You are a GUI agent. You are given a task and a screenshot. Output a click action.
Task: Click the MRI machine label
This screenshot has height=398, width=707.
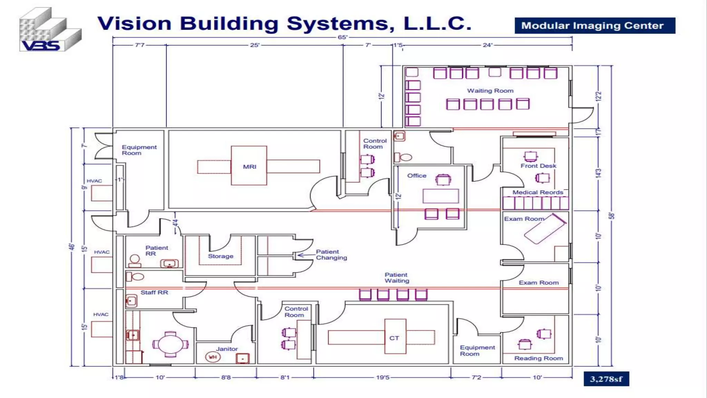click(x=249, y=167)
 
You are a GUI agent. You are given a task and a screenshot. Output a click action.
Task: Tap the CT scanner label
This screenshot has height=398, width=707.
click(x=394, y=338)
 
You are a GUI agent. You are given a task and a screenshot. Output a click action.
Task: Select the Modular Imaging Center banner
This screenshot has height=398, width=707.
click(x=594, y=26)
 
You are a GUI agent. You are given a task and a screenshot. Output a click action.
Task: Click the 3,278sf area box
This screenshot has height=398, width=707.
click(x=606, y=379)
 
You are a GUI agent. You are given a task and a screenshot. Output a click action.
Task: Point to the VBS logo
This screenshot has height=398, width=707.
click(x=50, y=30)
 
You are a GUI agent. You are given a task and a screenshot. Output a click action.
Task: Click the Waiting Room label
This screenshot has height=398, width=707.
click(x=490, y=91)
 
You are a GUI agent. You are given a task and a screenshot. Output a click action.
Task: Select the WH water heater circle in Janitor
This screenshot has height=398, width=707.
click(x=213, y=357)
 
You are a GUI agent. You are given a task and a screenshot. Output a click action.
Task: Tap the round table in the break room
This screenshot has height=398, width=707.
click(x=170, y=344)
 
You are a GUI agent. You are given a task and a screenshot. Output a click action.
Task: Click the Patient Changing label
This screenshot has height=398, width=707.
click(x=331, y=255)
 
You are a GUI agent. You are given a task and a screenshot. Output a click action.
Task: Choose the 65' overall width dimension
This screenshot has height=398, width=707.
click(x=342, y=37)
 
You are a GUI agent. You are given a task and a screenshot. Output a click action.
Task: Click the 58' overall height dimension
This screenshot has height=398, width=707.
click(x=611, y=216)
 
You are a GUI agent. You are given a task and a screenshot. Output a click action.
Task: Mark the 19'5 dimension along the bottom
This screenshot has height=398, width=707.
click(x=382, y=377)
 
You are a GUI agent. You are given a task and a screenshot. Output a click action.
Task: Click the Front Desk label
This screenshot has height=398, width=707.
click(x=538, y=166)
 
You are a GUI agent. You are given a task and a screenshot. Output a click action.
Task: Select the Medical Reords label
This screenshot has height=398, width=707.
click(x=537, y=192)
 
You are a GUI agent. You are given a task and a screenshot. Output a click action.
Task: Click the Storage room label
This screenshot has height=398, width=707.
click(x=220, y=256)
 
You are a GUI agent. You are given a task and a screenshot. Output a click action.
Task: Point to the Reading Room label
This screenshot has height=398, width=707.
click(x=538, y=358)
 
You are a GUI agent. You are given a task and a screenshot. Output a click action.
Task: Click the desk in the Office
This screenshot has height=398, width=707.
click(x=440, y=196)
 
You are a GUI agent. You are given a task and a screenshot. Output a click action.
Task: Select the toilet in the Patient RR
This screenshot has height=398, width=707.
click(x=135, y=260)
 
